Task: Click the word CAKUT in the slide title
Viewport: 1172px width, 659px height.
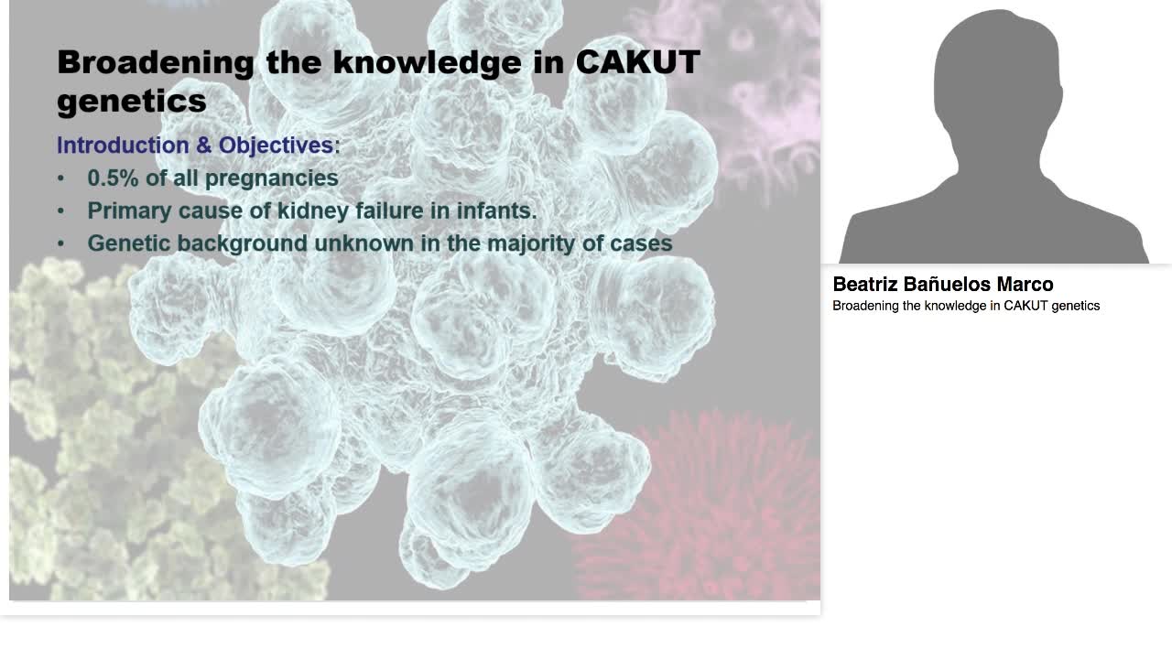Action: coord(637,62)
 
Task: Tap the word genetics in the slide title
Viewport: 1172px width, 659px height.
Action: coord(131,101)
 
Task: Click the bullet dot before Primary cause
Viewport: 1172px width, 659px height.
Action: coord(61,211)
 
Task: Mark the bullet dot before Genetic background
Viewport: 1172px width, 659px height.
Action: coord(61,244)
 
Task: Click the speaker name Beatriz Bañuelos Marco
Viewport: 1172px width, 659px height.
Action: coord(942,285)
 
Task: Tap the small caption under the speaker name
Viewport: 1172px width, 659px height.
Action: coord(965,306)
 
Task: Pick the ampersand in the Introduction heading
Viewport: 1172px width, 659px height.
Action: coord(203,146)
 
